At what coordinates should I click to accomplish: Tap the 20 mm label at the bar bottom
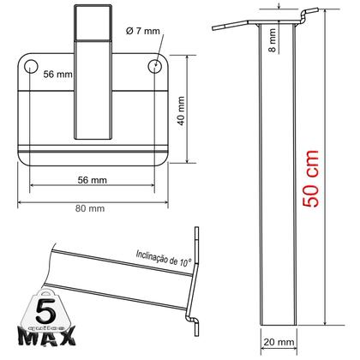[279, 343]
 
